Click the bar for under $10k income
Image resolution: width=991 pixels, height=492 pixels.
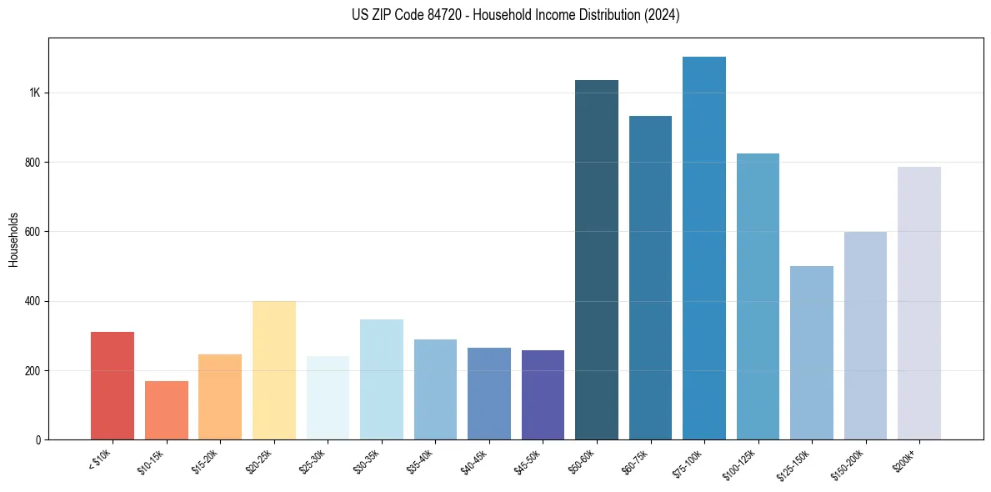coord(113,385)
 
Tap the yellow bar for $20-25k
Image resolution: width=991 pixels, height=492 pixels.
coord(274,370)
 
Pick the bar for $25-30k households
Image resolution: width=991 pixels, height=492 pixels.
coord(328,398)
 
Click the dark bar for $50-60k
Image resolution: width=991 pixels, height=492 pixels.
coord(597,259)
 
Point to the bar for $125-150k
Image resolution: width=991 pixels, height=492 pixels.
coord(812,353)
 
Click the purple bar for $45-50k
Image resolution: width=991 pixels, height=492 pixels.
coord(543,394)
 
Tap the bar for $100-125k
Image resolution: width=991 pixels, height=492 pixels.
coord(758,296)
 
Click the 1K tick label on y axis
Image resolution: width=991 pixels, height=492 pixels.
coord(35,93)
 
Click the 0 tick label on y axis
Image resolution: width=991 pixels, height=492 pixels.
coord(39,439)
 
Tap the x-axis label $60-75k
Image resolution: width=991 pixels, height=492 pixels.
coord(636,461)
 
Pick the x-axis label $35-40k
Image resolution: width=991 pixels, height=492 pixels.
coord(421,461)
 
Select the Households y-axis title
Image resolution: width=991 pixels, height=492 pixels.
coord(13,238)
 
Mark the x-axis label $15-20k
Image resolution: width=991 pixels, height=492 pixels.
coord(206,461)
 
